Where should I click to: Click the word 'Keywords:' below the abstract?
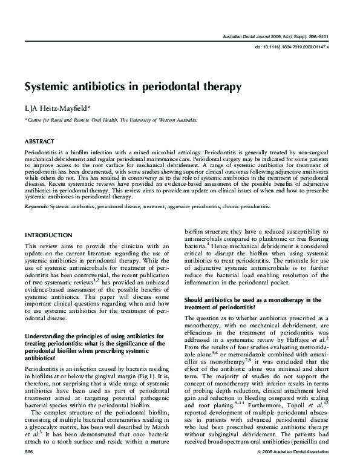pos(37,206)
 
